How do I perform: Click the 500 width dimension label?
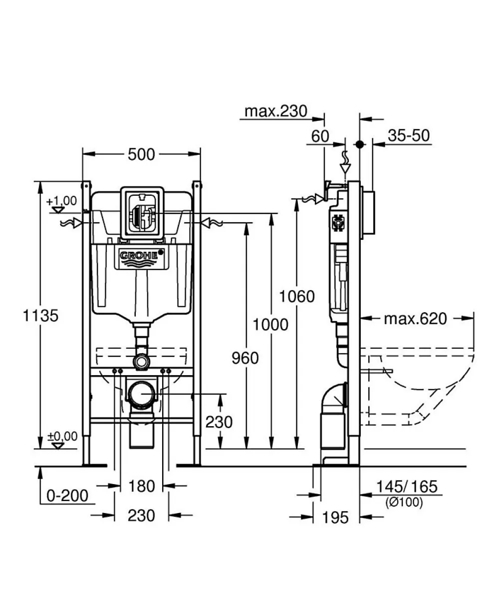coord(141,154)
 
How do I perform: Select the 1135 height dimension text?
coord(41,316)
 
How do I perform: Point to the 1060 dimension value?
coord(297,296)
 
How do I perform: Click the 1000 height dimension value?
coord(271,325)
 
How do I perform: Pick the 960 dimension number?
coord(246,358)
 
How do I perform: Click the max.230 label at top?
coord(276,111)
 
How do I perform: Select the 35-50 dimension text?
coord(409,135)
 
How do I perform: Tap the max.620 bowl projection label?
coord(415,319)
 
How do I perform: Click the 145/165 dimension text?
coord(407,487)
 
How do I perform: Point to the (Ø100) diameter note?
coord(404,502)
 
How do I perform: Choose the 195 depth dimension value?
coord(335,518)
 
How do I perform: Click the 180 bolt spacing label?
coord(141,486)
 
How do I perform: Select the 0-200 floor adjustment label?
coord(67,496)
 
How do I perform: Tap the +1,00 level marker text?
coord(61,201)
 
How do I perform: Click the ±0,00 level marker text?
coord(62,436)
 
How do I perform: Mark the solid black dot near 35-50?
coord(359,144)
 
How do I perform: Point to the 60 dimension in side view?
coord(320,136)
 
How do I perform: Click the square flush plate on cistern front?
coord(142,214)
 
